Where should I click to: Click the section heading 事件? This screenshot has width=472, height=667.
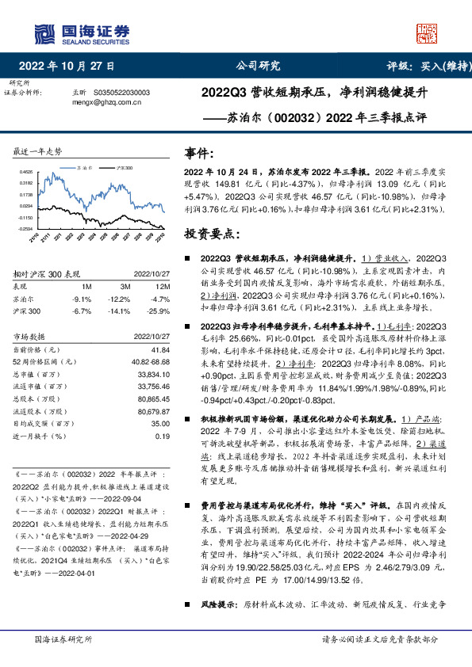pyautogui.click(x=198, y=153)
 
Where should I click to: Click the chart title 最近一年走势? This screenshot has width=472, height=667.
pyautogui.click(x=38, y=151)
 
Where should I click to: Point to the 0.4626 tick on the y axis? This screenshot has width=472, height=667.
pyautogui.click(x=26, y=172)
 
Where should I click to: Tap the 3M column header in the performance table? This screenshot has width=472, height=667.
pyautogui.click(x=125, y=286)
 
